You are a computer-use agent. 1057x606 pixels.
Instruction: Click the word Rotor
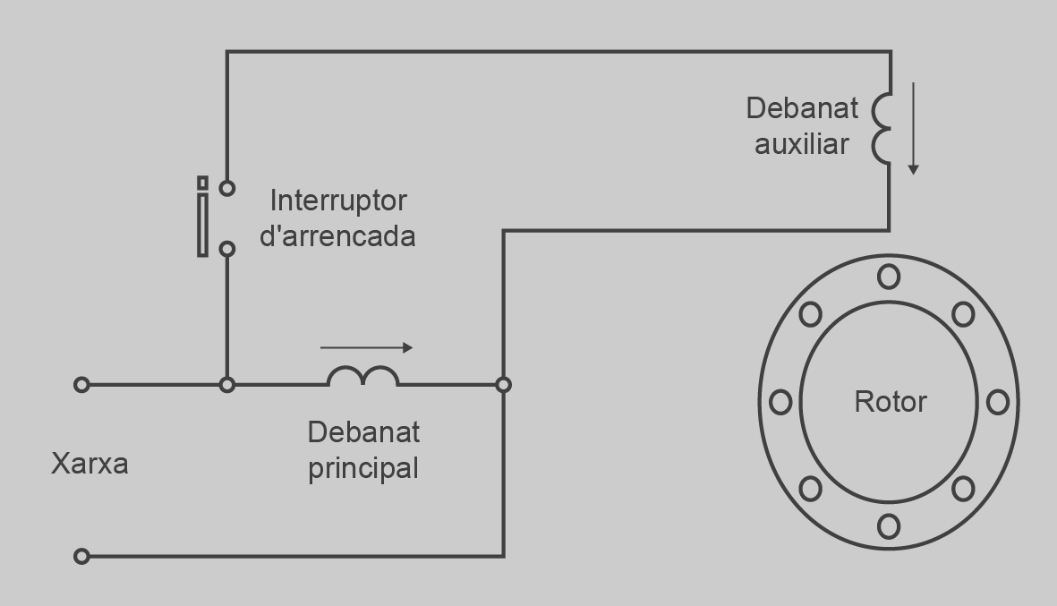tap(891, 402)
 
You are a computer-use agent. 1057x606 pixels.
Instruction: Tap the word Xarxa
tap(90, 464)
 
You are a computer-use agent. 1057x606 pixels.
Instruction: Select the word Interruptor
tap(338, 201)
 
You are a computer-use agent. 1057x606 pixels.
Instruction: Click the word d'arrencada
tap(337, 236)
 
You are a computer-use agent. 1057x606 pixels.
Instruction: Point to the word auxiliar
tap(802, 144)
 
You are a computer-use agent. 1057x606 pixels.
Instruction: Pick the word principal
tap(363, 468)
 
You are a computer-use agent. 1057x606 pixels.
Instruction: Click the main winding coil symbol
tap(363, 375)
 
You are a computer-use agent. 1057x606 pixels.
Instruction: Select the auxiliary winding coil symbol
tap(881, 129)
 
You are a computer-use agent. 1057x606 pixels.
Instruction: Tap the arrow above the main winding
tap(366, 348)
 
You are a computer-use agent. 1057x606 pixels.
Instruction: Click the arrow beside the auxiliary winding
tap(914, 129)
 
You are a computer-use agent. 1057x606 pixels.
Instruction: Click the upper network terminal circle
tap(81, 385)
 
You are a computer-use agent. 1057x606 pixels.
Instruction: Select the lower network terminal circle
tap(81, 556)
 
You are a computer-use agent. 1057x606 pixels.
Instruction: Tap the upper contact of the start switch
tap(227, 188)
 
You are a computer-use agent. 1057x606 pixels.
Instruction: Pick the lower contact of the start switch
tap(227, 249)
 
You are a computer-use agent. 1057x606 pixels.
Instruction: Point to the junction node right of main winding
tap(503, 385)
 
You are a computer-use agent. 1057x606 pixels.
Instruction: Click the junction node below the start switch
tap(227, 385)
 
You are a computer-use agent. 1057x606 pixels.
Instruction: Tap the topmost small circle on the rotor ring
tap(889, 277)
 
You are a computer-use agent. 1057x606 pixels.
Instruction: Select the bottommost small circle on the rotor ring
tap(889, 526)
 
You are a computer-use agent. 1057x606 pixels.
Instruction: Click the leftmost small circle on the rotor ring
tap(780, 403)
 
